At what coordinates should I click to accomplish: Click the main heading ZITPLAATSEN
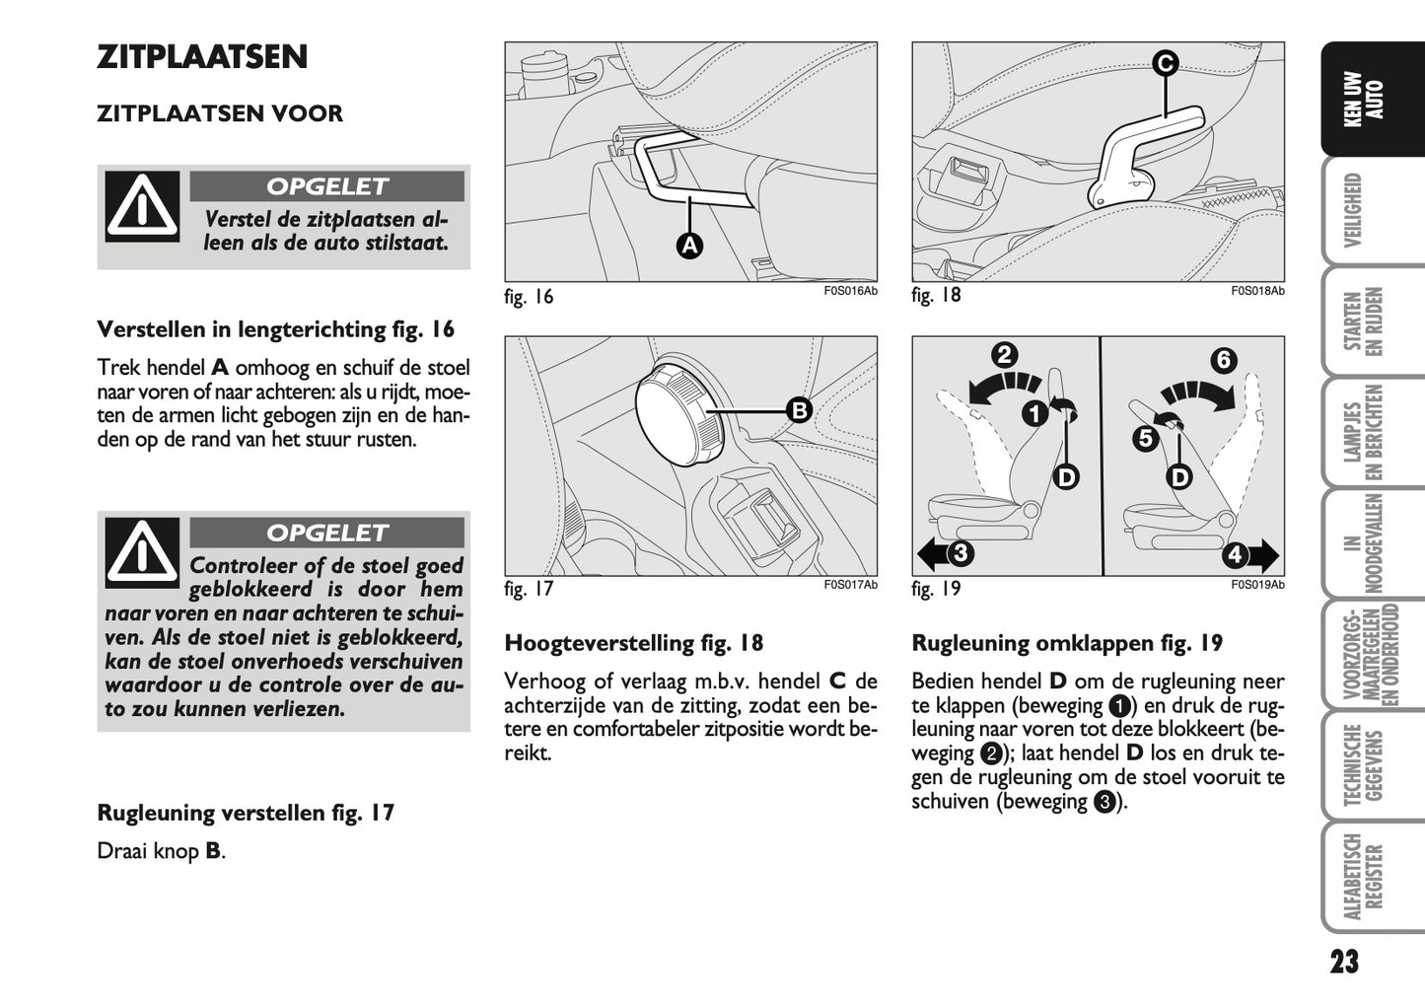[x=202, y=57]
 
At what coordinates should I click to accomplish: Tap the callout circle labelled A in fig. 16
[x=689, y=246]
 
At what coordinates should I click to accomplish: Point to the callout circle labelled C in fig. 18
[x=1165, y=64]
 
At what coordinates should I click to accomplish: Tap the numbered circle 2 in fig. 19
[x=1004, y=355]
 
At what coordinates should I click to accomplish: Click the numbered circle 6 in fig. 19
[x=1223, y=360]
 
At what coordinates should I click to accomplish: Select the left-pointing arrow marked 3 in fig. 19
[x=947, y=553]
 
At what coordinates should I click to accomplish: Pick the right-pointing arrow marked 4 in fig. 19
[x=1248, y=555]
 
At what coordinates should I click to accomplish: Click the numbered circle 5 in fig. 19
[x=1144, y=437]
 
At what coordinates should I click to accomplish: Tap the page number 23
[x=1343, y=963]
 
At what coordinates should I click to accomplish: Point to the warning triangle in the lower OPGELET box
[x=143, y=551]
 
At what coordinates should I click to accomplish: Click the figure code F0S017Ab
[x=850, y=586]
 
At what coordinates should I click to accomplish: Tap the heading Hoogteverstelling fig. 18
[x=633, y=644]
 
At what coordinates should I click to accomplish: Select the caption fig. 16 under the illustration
[x=529, y=297]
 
